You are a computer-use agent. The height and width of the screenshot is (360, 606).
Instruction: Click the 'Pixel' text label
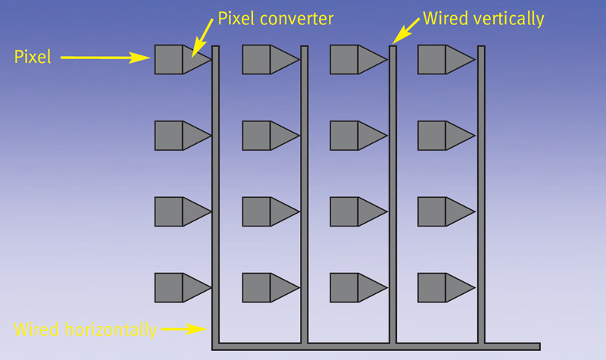point(33,56)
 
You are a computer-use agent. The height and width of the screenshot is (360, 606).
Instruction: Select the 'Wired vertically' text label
point(483,18)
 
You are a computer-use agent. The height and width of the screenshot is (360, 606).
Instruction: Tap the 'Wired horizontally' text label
point(86,330)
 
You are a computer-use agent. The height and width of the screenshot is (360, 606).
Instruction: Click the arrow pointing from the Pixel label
point(106,56)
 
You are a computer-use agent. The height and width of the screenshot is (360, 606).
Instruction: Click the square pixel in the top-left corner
point(168,59)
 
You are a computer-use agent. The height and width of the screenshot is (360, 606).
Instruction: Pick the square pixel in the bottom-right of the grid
point(431,288)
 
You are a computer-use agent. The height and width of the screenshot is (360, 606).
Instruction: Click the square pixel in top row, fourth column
point(431,59)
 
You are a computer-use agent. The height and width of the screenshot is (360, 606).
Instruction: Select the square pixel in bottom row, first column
point(168,288)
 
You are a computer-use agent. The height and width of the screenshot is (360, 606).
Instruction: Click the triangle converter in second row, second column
point(282,136)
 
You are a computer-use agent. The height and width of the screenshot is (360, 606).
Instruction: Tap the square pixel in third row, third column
point(344,211)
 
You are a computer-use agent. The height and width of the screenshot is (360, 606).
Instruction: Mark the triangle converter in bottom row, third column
point(370,288)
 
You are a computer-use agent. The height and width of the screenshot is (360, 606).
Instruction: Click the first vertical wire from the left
point(215,189)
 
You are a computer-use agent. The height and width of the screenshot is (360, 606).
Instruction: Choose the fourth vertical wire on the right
point(480,189)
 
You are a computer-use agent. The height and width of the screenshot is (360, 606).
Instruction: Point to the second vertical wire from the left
point(304,189)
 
